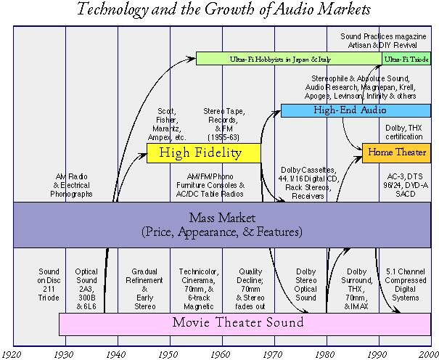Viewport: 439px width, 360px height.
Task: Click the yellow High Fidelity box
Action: [204, 152]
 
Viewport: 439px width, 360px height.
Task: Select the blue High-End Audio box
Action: [355, 110]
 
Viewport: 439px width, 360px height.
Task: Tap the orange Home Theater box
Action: [396, 152]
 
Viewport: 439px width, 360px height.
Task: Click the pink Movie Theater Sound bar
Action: [239, 322]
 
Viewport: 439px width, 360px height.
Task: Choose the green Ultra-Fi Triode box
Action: [406, 58]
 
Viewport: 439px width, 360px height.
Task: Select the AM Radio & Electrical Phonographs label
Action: [72, 185]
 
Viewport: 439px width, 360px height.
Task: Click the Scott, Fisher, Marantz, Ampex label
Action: [171, 124]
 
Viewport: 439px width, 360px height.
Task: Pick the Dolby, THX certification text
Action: [405, 133]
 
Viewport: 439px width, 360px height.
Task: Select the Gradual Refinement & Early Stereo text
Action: [144, 284]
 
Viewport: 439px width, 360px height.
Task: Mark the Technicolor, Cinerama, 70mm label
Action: [196, 284]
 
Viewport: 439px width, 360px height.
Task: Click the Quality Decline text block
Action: [248, 284]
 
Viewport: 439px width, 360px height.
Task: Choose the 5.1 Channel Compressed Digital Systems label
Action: [405, 284]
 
